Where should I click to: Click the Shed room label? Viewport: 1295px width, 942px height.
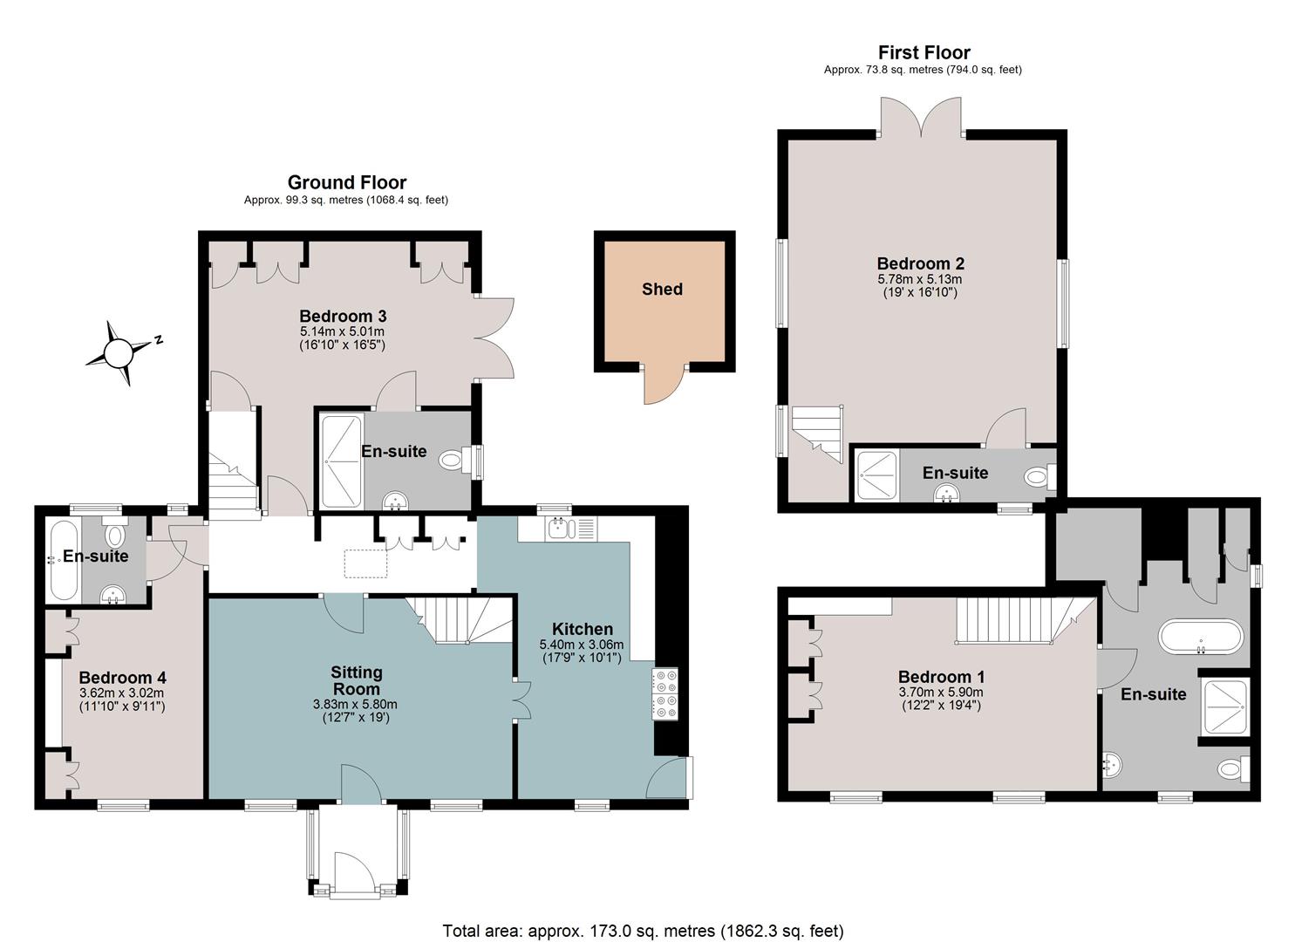coord(662,289)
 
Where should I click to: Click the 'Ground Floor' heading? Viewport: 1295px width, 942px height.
coord(347,183)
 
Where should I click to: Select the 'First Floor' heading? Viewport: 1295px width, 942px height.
coord(924,52)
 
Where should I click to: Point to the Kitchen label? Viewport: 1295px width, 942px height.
coord(583,629)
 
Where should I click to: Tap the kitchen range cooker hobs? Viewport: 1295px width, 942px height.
coord(665,694)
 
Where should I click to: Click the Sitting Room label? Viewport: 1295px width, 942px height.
coord(356,680)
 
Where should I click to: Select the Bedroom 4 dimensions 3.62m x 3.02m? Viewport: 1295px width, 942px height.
coord(121,693)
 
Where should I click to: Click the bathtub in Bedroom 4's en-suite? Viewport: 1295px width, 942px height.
coord(64,561)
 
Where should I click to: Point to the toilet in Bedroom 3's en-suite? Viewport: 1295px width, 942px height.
coord(452,461)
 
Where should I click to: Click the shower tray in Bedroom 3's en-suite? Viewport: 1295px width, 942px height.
coord(342,461)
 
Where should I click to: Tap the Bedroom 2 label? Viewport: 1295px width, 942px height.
coord(920,263)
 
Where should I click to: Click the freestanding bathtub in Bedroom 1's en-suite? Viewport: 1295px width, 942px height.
coord(1200,637)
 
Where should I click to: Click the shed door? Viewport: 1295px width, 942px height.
coord(664,384)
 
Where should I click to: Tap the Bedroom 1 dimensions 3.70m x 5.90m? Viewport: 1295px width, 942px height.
coord(941,693)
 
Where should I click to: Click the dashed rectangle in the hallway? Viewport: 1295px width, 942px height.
coord(365,563)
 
